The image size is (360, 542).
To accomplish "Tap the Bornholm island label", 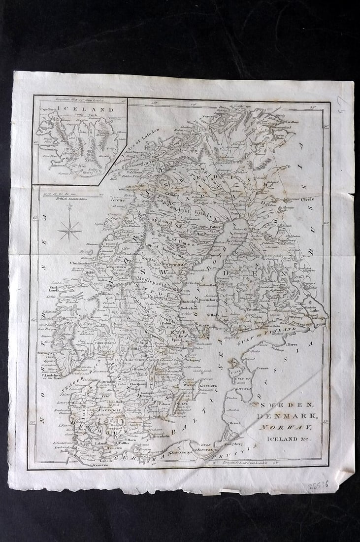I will click(149, 436).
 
